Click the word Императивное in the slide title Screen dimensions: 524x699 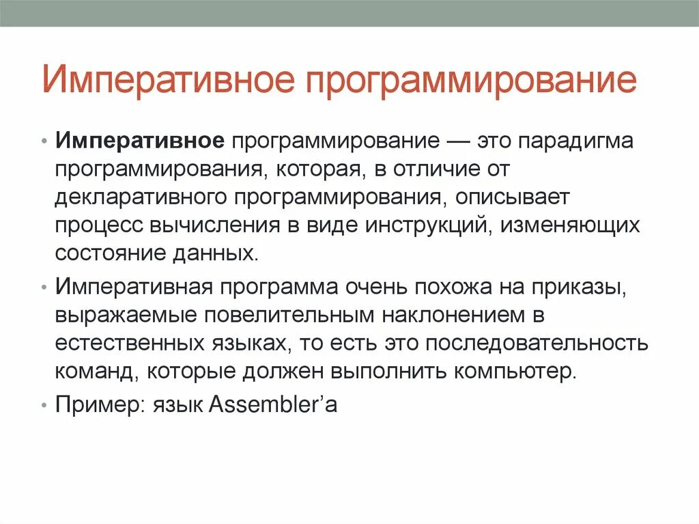point(169,81)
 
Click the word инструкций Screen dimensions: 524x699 point(425,225)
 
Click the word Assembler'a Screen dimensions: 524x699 point(272,404)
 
